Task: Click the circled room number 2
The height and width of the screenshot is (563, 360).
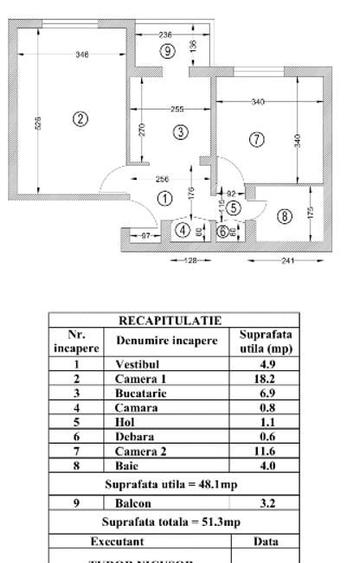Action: (81, 118)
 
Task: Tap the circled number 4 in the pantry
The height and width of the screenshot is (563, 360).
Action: (181, 231)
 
